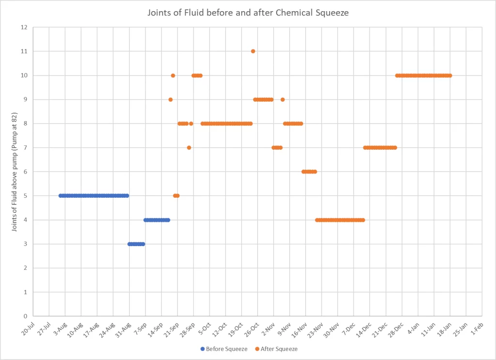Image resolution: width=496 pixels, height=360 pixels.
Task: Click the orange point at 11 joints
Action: pyautogui.click(x=253, y=51)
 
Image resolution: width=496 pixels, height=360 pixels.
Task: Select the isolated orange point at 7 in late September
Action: pyautogui.click(x=189, y=147)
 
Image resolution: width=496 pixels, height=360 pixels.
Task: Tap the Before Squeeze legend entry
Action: pyautogui.click(x=224, y=349)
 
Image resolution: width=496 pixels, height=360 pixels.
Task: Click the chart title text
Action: pyautogui.click(x=248, y=13)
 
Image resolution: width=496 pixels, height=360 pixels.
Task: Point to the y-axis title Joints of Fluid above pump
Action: pyautogui.click(x=15, y=172)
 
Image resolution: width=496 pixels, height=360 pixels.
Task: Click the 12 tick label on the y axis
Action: pyautogui.click(x=24, y=27)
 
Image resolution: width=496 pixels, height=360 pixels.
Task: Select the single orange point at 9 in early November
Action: pyautogui.click(x=282, y=99)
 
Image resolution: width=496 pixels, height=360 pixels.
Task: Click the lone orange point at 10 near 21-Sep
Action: pyautogui.click(x=173, y=75)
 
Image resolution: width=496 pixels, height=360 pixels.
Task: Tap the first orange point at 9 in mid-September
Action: pyautogui.click(x=170, y=99)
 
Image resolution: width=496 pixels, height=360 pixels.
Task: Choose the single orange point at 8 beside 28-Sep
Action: pyautogui.click(x=191, y=124)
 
